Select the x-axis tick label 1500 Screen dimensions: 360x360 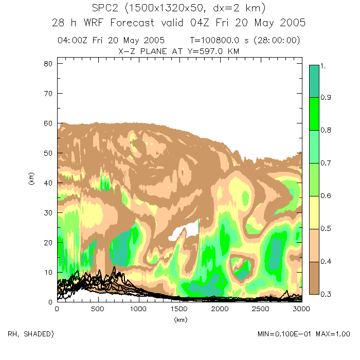178,309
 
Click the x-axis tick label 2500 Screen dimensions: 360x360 260,309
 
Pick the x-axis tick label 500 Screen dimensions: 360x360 97,309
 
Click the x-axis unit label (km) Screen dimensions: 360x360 178,320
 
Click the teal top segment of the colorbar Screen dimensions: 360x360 314,81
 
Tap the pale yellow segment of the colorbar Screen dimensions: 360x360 314,212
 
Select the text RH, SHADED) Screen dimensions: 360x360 30,334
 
